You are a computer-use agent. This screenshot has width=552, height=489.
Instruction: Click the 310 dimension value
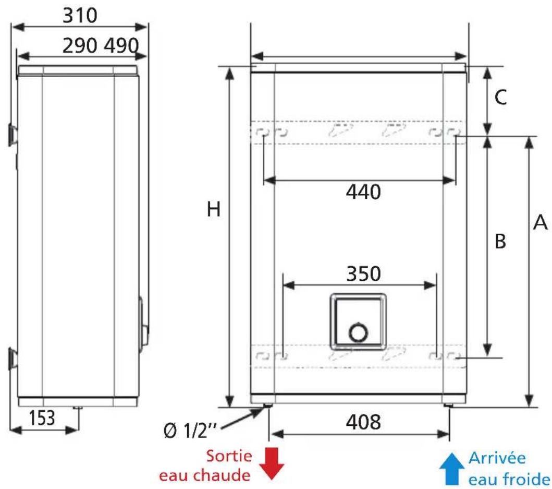[80, 16]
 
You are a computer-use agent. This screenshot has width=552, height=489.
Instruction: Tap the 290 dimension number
[80, 46]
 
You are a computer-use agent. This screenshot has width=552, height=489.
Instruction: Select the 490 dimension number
[121, 46]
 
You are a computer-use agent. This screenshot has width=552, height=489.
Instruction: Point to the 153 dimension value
[42, 418]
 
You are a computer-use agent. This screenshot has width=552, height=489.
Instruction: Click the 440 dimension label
[363, 192]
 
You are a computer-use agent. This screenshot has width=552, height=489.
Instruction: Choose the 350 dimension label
[364, 274]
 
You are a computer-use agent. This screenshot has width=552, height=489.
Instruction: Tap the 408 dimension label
[363, 422]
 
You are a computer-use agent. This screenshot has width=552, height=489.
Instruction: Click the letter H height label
[214, 209]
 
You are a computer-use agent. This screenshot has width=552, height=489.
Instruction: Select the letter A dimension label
[541, 222]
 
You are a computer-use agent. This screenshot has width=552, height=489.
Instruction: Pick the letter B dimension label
[500, 242]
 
